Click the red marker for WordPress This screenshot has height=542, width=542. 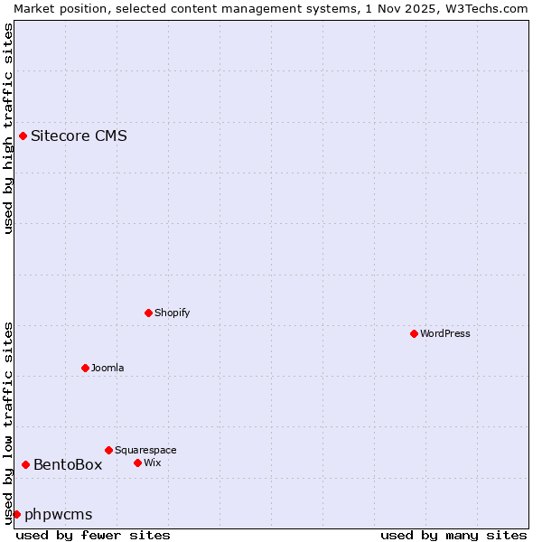point(414,333)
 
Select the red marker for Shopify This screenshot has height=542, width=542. point(148,313)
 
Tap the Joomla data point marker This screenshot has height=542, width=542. point(85,368)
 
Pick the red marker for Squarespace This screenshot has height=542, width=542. point(108,450)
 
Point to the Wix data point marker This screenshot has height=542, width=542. point(137,463)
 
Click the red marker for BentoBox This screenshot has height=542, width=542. point(25,464)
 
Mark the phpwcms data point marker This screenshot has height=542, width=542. point(16,514)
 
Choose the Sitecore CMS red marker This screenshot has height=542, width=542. point(23,135)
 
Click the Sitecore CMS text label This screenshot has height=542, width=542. point(79,136)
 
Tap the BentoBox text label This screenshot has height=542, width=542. point(68,465)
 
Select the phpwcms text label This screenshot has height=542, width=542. point(58,515)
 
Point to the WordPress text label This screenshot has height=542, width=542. point(445,333)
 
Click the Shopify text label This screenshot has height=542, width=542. point(172,313)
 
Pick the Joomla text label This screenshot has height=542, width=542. point(107,368)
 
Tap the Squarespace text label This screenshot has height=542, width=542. point(145,450)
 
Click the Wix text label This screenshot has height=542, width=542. point(153,463)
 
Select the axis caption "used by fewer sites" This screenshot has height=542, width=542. point(93,535)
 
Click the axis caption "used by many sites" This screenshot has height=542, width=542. point(453,535)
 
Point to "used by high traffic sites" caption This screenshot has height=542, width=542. point(8,128)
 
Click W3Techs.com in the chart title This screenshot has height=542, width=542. point(483,8)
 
